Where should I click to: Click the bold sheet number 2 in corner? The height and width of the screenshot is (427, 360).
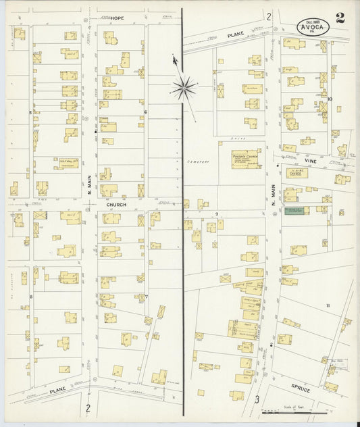[x=340, y=18]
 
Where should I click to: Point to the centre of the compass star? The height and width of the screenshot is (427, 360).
[x=184, y=87]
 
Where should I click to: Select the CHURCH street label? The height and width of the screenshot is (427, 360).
[x=116, y=203]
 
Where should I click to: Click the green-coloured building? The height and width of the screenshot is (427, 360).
[x=295, y=211]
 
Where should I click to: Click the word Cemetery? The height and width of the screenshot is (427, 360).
[x=196, y=162]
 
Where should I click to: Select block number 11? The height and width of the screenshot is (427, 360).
[x=328, y=306]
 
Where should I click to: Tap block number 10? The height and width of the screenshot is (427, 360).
[x=330, y=99]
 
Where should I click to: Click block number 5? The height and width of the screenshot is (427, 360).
[x=30, y=112]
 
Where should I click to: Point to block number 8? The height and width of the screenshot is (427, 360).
[x=30, y=297]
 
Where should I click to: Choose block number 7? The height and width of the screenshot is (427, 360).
[x=145, y=297]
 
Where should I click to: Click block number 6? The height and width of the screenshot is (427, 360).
[x=145, y=112]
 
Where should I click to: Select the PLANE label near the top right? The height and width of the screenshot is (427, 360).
[x=234, y=34]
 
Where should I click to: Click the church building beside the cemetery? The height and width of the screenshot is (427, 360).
[x=246, y=159]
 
